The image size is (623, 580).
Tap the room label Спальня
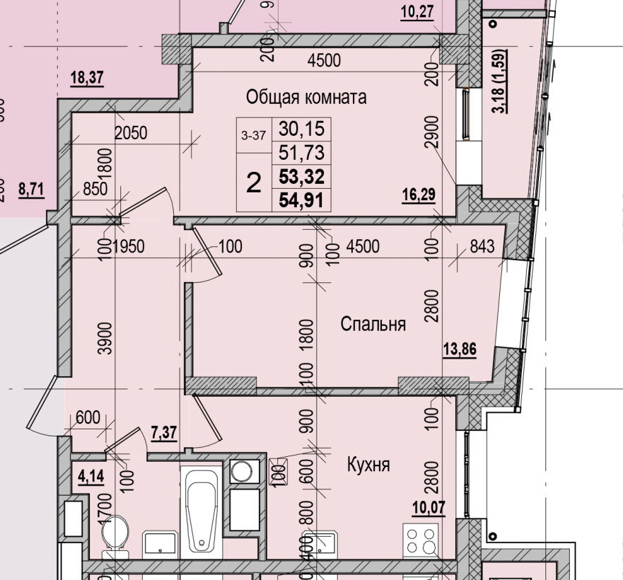(x=373, y=324)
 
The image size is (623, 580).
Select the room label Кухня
(x=368, y=465)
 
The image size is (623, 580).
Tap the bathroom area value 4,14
(x=90, y=476)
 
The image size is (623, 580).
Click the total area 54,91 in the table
(x=301, y=200)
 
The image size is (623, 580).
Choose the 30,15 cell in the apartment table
(x=301, y=129)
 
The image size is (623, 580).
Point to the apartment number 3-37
(x=252, y=136)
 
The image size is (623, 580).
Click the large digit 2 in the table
(x=254, y=182)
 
